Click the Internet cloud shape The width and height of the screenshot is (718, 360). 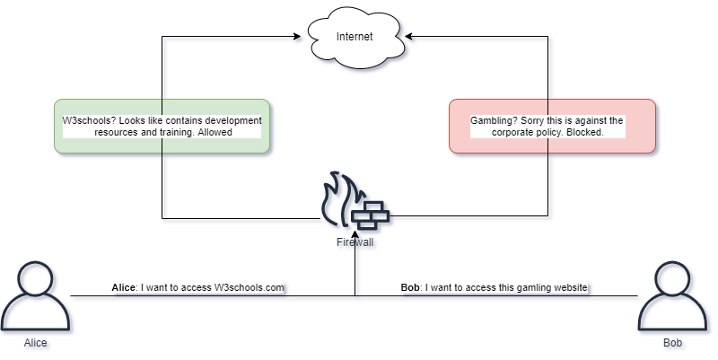(354, 37)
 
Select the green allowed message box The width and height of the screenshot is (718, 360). (162, 126)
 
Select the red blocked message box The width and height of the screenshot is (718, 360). (551, 126)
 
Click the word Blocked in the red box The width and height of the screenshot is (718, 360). (583, 132)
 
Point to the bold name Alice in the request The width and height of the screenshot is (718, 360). (124, 288)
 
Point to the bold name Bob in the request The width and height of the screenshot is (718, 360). (410, 288)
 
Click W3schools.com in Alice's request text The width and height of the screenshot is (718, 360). (249, 288)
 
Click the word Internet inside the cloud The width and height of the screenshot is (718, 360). (354, 37)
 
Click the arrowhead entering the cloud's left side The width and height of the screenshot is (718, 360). (299, 39)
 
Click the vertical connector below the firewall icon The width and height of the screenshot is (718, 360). (357, 269)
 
